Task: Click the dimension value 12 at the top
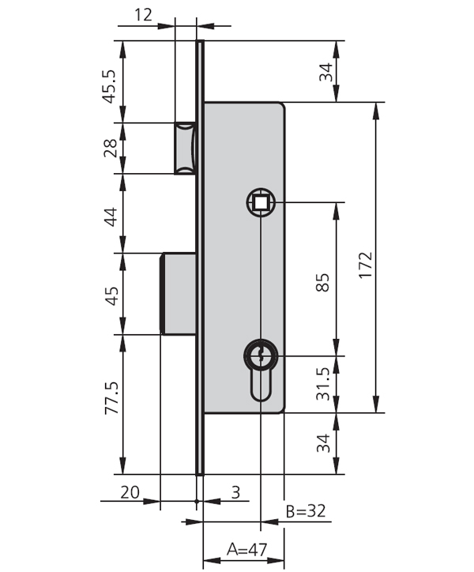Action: click(x=143, y=13)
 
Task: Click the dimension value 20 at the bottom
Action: click(x=131, y=492)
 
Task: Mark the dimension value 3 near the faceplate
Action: click(x=235, y=492)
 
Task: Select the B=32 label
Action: click(x=305, y=511)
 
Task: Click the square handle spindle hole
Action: click(x=260, y=203)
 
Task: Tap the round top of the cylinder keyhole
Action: click(x=260, y=355)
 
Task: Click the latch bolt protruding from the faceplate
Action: click(x=185, y=148)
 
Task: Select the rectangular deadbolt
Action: click(x=179, y=292)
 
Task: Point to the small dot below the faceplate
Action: click(x=197, y=500)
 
